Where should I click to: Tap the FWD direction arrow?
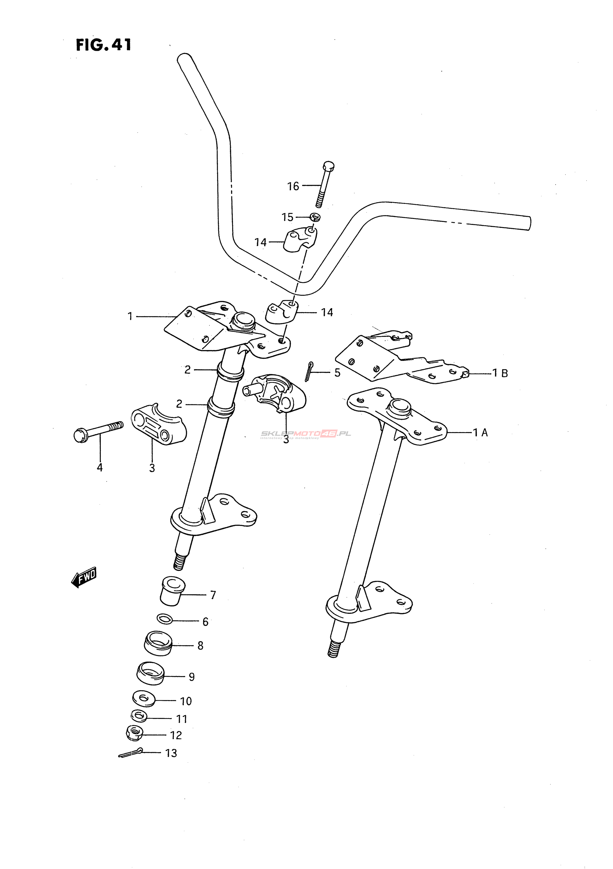click(84, 578)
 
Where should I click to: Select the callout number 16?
click(293, 186)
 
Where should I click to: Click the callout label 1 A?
click(480, 432)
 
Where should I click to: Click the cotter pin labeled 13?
click(130, 753)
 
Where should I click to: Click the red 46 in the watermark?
click(328, 434)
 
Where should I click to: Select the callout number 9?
click(192, 677)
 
